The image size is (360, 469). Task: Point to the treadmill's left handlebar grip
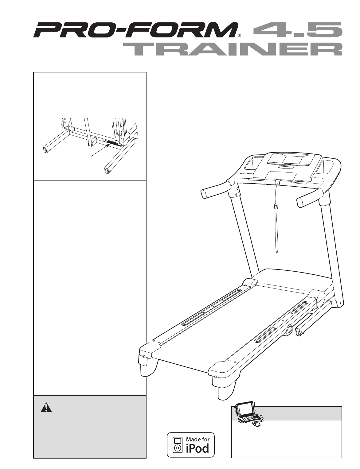pos(215,190)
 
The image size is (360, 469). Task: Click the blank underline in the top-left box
pos(103,92)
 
